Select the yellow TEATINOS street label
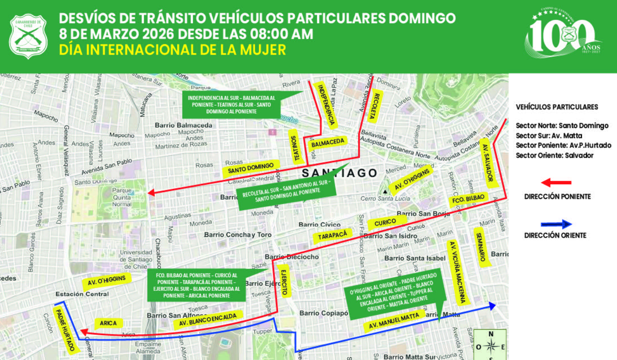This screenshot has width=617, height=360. coord(296,147)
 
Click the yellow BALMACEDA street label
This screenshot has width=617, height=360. coord(327,143)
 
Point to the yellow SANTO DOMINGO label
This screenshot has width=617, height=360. coord(251,168)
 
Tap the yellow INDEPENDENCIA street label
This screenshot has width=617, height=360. coord(326,105)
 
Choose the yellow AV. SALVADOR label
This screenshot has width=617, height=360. coord(487,163)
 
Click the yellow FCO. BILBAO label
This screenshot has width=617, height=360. coord(469,199)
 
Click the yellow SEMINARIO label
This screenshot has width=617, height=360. coord(483,249)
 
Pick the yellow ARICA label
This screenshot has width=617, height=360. coord(108,323)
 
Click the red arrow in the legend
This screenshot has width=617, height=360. coord(556,183)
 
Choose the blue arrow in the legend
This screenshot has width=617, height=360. coord(556,224)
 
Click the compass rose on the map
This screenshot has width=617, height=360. coord(490,345)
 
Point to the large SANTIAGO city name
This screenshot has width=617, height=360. coord(340,173)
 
